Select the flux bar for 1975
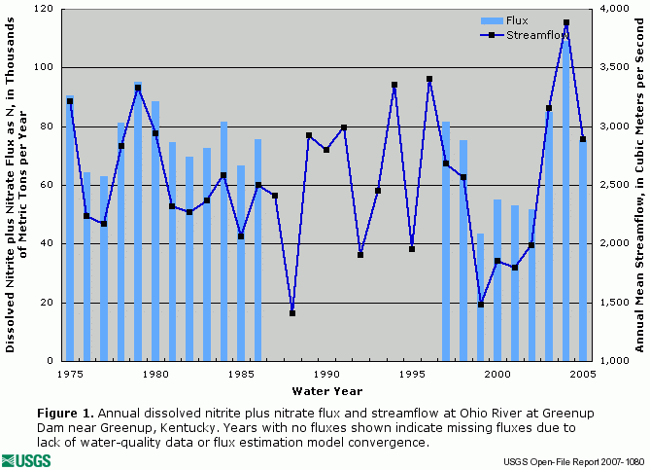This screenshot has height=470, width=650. point(70,229)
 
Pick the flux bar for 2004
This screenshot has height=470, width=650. point(565,195)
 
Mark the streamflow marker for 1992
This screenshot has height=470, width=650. point(360,255)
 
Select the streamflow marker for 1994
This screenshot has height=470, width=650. point(394,85)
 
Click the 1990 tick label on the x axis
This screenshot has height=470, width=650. point(326,373)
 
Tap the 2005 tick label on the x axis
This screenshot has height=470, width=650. point(583,373)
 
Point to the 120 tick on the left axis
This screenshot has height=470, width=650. point(46,9)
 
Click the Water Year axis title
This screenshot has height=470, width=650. point(326,390)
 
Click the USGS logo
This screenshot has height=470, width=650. point(27,459)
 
